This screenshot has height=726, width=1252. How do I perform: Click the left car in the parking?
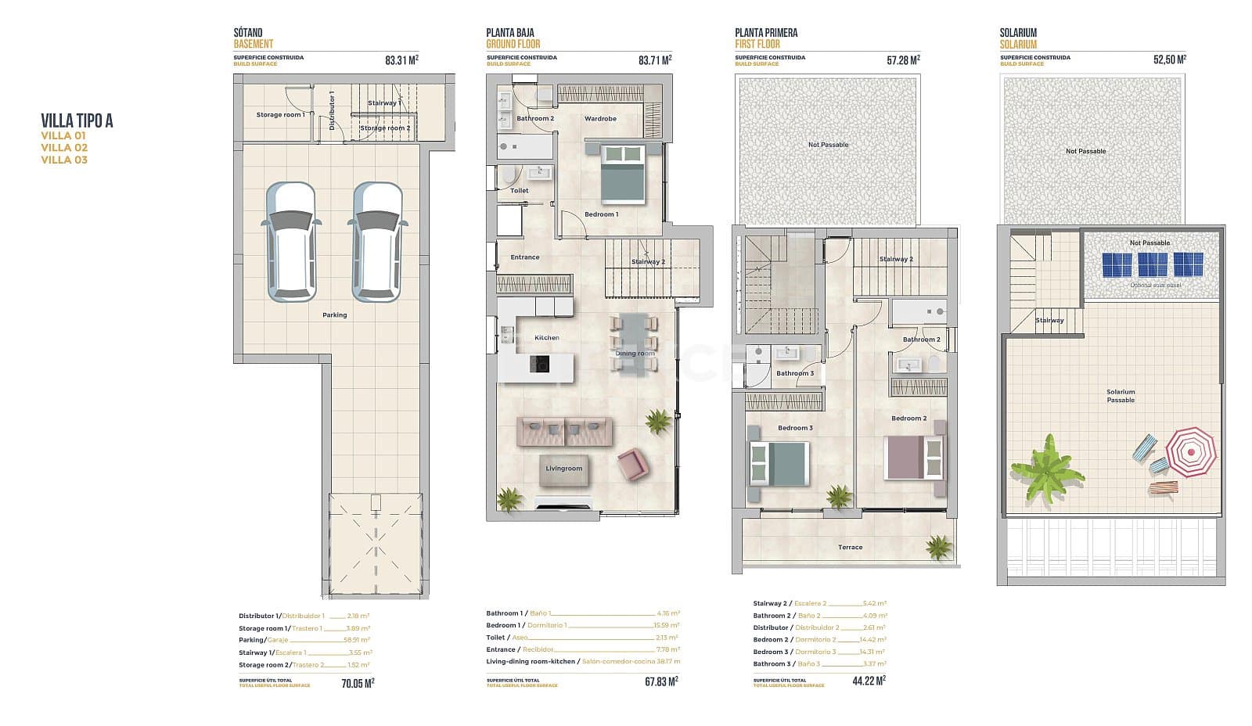291,242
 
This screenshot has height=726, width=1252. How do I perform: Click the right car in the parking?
378,242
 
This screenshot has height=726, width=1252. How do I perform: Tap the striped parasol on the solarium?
1191,452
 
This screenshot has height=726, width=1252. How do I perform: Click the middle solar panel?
1152,264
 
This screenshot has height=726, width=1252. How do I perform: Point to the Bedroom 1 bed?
623,174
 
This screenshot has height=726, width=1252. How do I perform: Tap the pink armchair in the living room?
632,465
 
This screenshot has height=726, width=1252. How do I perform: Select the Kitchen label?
546,338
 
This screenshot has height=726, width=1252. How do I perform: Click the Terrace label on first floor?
850,548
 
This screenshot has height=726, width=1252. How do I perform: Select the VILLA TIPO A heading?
77,120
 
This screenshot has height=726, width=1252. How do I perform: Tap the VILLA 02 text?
64,148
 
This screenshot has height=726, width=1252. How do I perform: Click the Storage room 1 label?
280,115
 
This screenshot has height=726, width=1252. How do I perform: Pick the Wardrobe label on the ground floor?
600,119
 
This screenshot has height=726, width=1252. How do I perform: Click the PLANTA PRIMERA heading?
766,33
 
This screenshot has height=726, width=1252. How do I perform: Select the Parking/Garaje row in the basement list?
304,640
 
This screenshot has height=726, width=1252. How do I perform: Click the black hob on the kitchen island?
539,364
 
